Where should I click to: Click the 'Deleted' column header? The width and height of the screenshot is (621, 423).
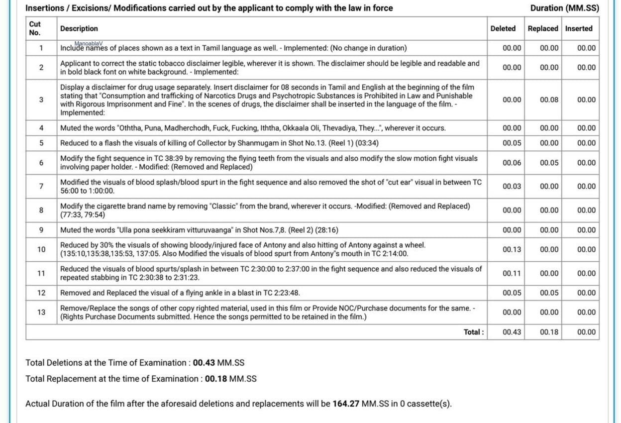[503, 28]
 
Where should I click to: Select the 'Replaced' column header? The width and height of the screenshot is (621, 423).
[542, 28]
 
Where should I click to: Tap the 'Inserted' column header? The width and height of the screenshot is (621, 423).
[579, 28]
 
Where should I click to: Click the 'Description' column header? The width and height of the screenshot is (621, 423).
[79, 29]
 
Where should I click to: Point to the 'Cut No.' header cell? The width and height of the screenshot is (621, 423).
[35, 28]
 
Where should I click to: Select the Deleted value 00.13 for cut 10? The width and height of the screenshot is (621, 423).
[512, 249]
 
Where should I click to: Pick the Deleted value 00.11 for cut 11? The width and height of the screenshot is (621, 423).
[512, 273]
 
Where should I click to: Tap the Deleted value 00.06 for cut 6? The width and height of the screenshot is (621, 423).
[512, 163]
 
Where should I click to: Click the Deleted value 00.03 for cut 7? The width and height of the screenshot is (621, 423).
[512, 187]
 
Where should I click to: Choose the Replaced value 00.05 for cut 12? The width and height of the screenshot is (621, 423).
[549, 293]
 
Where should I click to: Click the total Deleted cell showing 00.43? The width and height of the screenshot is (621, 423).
[512, 332]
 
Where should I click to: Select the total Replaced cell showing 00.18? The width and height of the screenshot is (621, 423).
[549, 332]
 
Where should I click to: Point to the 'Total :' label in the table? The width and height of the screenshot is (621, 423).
[473, 332]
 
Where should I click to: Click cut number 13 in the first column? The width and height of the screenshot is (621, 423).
[41, 312]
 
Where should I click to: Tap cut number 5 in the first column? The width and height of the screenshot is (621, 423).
[41, 143]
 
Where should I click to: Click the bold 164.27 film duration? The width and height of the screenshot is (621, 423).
[345, 404]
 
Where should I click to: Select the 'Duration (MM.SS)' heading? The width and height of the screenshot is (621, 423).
[564, 8]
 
